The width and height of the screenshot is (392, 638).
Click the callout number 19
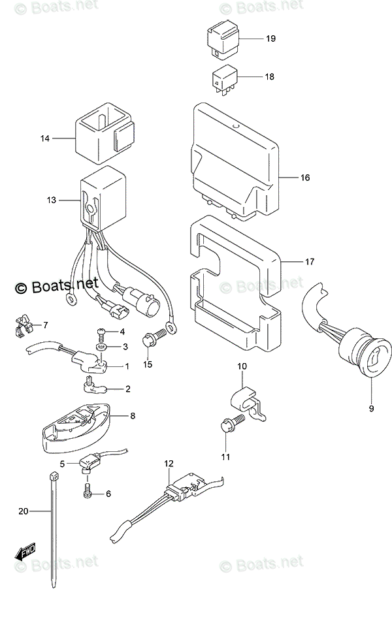(x=270, y=39)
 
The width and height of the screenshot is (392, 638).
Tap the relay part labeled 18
(x=224, y=78)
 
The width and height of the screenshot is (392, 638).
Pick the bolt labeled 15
(x=150, y=340)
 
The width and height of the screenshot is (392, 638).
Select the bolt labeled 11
(x=233, y=425)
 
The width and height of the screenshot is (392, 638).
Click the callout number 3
(x=125, y=346)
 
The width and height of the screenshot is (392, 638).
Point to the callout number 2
(x=127, y=389)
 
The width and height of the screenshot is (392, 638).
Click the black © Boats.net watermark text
(x=57, y=285)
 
